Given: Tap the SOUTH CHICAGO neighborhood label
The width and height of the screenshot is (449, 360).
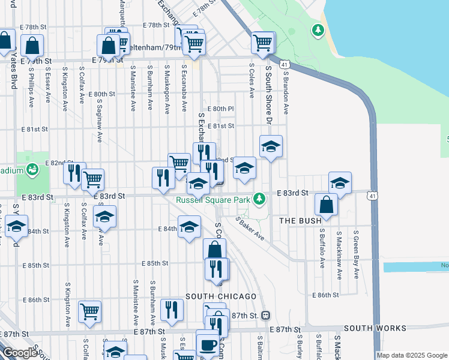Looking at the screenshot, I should point(221,296).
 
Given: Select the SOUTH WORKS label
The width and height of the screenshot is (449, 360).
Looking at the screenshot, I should point(375,328).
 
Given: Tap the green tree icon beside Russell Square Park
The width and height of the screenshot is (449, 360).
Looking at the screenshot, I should point(259,198).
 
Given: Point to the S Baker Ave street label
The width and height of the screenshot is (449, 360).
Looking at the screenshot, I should point(250,229).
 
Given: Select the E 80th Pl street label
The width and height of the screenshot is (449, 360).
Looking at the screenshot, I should point(220,109).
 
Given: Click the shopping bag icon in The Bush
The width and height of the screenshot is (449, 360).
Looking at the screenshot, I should point(326,205).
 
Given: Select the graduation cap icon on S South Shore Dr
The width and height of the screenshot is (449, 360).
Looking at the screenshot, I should point(271,146).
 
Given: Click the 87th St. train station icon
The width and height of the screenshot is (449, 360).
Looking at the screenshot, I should point(265,316).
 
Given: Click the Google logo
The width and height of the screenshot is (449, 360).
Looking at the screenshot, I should point(19,353).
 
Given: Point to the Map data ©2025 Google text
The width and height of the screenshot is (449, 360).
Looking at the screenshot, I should point(412,355).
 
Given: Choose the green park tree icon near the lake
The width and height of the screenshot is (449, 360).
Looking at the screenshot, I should point(317,29).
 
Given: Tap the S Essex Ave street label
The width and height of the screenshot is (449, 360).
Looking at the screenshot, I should point(47,86).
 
